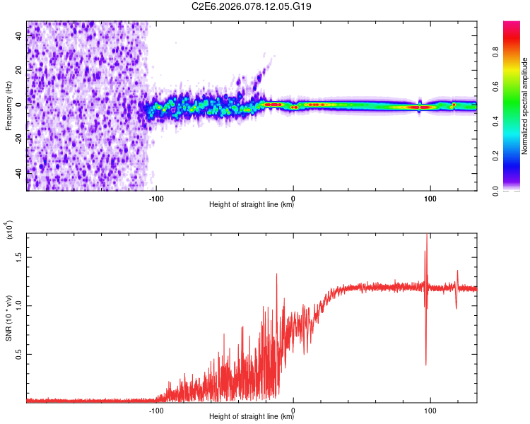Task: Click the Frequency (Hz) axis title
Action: pyautogui.click(x=9, y=106)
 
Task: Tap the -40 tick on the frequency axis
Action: pyautogui.click(x=19, y=172)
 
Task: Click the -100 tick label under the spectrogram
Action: pyautogui.click(x=156, y=199)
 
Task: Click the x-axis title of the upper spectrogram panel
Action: pyautogui.click(x=252, y=206)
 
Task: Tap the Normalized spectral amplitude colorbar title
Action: pyautogui.click(x=526, y=106)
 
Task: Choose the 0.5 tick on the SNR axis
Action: pyautogui.click(x=19, y=354)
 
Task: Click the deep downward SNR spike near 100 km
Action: pyautogui.click(x=425, y=362)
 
